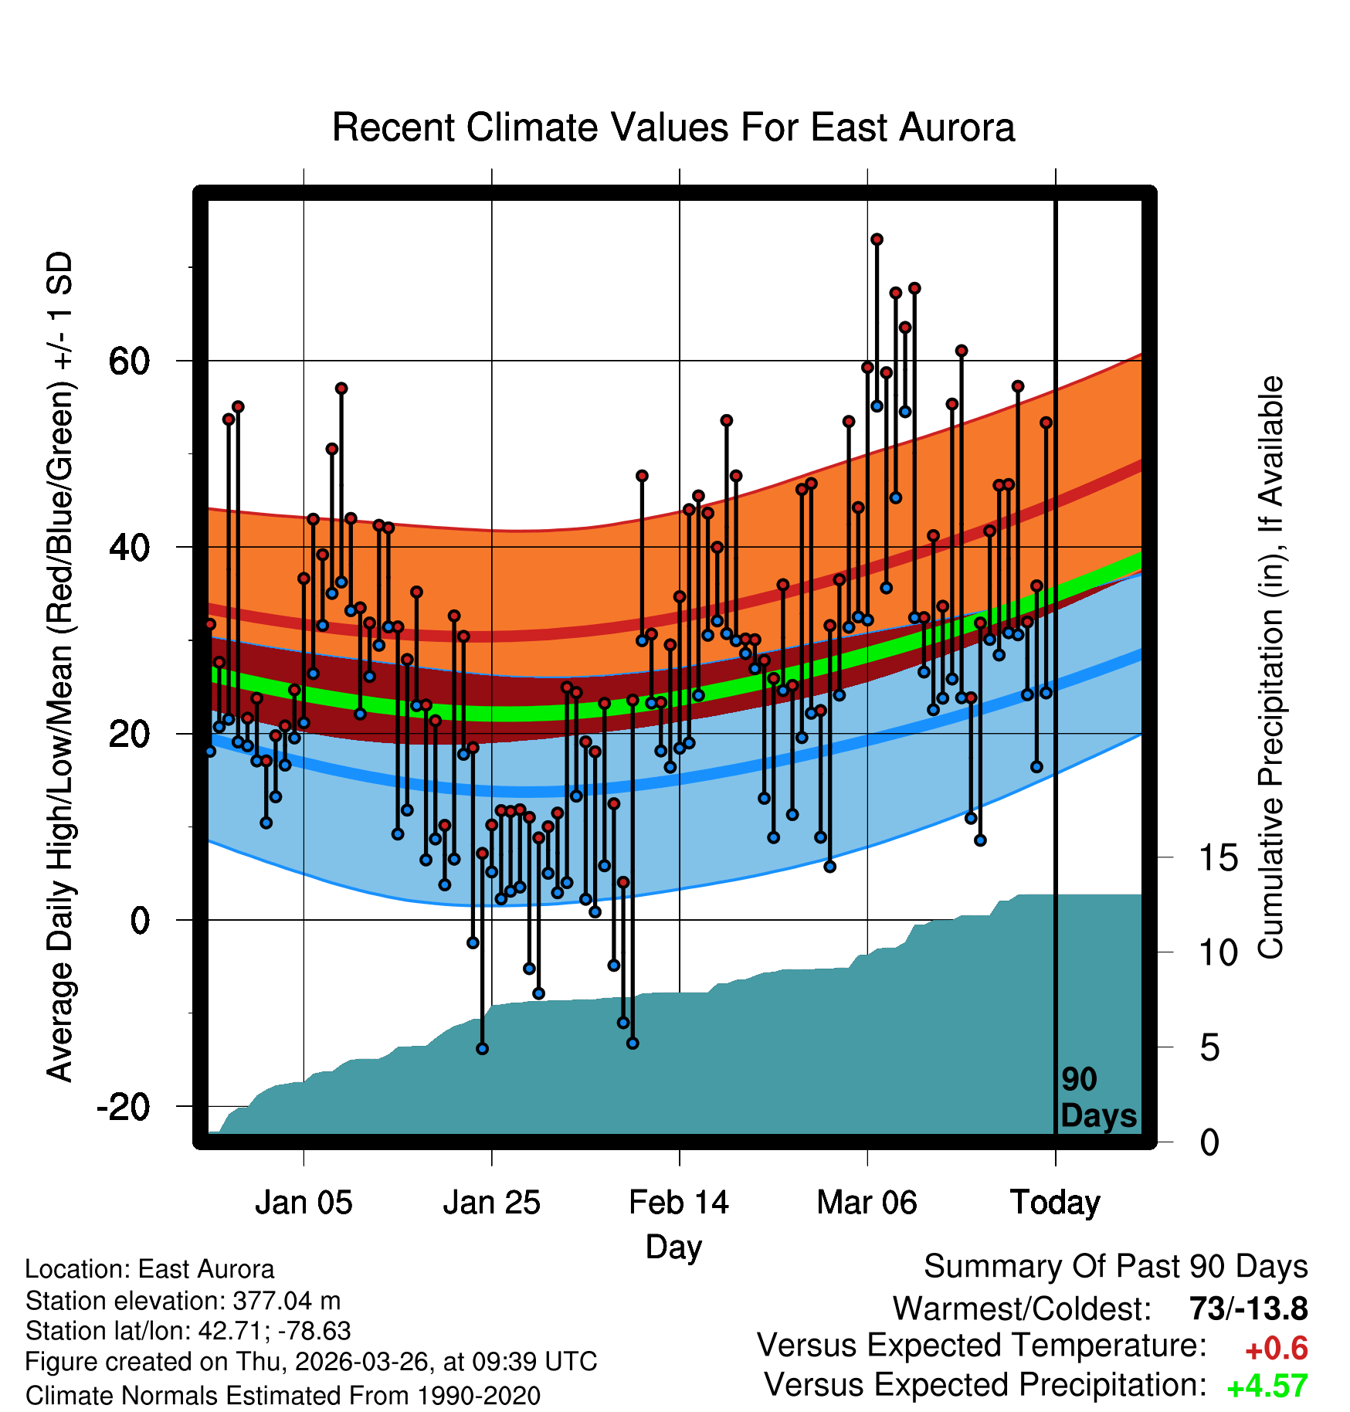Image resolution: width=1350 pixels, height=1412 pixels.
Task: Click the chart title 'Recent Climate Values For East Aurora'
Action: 673,127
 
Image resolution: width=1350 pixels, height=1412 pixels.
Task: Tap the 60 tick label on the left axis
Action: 130,361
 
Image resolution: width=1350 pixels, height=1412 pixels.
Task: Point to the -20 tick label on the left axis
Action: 123,1107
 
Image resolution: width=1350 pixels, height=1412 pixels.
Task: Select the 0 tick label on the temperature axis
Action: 141,920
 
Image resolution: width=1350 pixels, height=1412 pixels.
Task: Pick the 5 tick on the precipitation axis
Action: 1209,1047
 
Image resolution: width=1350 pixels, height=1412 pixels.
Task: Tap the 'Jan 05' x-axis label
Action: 304,1203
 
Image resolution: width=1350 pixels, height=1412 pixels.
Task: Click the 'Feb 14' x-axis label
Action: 679,1203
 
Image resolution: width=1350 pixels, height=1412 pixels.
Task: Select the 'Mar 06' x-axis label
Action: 867,1203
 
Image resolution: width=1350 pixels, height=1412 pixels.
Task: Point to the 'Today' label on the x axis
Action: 1055,1203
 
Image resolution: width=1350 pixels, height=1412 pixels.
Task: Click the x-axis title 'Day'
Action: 673,1248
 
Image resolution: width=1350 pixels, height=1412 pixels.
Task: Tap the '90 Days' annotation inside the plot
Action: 1098,1098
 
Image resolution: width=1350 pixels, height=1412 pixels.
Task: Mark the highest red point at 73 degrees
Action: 877,239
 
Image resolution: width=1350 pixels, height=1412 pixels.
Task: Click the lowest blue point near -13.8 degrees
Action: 482,1048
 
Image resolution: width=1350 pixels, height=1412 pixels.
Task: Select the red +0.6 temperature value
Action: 1277,1349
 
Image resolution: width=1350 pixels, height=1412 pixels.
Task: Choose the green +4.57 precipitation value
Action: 1267,1386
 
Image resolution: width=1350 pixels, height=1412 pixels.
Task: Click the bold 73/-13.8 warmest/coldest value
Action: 1249,1308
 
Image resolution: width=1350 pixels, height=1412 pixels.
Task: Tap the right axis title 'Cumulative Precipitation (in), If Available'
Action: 1270,667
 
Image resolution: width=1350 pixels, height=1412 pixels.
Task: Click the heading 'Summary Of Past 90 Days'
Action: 1116,1268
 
